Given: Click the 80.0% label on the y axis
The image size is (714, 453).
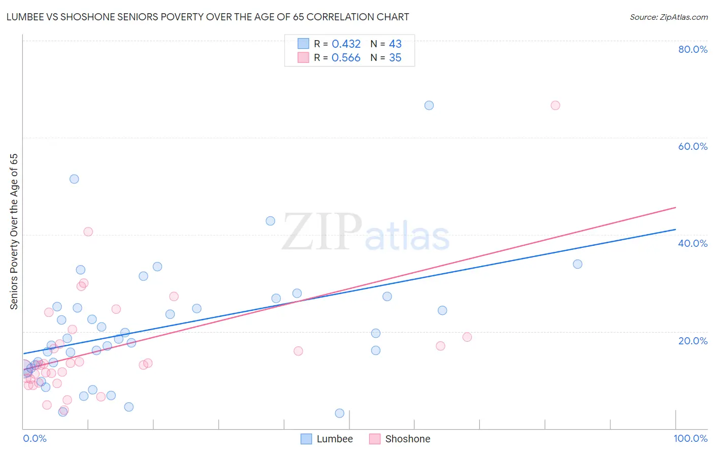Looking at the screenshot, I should click(x=693, y=49).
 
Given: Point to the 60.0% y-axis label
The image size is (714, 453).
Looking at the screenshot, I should click(x=693, y=146).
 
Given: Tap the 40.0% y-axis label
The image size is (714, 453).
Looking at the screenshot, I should click(x=693, y=243).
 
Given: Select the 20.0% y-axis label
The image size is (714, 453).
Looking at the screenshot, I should click(x=693, y=340).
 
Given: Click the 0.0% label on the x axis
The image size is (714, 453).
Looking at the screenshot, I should click(x=35, y=438).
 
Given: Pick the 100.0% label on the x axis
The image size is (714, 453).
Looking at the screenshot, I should click(x=690, y=438).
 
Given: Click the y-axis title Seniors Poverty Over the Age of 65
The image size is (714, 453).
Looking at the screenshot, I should click(x=14, y=231).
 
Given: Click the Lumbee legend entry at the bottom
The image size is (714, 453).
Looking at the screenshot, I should click(x=334, y=439).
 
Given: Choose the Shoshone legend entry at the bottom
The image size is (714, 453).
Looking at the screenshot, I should click(x=407, y=439).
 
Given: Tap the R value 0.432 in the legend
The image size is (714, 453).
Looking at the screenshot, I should click(x=346, y=44).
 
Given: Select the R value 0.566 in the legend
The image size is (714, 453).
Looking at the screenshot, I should click(x=346, y=58).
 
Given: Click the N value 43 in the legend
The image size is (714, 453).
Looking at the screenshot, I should click(x=395, y=44).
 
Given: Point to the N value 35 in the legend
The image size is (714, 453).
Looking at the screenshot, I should click(x=395, y=58).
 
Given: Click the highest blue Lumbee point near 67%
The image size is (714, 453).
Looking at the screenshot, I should click(x=429, y=106).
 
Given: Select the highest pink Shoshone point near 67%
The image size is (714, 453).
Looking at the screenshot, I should click(x=555, y=106).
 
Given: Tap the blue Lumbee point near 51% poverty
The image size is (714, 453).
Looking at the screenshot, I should click(x=74, y=179).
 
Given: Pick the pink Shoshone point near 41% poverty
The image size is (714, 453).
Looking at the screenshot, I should click(x=88, y=232).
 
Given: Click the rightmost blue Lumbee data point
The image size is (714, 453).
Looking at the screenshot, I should click(x=577, y=264).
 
